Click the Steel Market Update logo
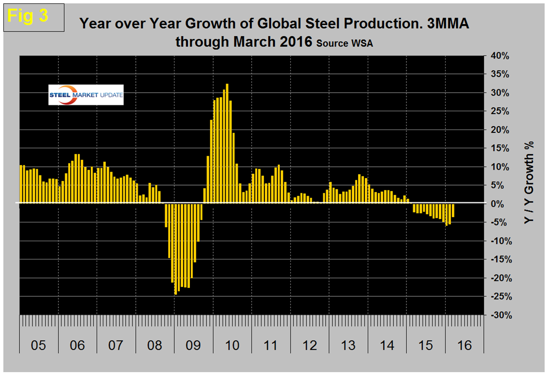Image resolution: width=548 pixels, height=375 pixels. (86, 95)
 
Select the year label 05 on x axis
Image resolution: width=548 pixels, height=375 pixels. (38, 346)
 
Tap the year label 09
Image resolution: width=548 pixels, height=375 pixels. (193, 346)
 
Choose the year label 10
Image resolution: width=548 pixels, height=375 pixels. (232, 346)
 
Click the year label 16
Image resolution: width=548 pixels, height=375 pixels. (464, 346)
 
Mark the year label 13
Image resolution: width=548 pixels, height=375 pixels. (348, 346)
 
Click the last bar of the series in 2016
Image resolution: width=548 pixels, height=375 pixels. (453, 210)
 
